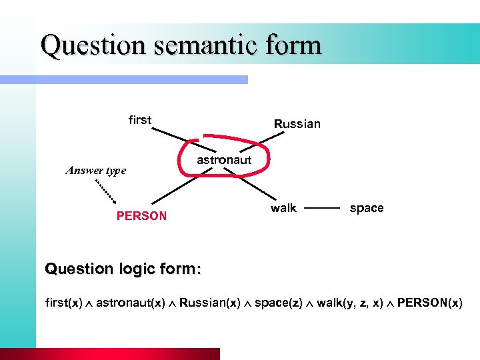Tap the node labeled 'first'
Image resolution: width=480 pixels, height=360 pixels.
click(x=140, y=120)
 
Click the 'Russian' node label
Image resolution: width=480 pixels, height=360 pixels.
click(x=297, y=124)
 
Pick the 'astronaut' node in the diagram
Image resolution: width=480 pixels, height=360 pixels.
click(x=224, y=160)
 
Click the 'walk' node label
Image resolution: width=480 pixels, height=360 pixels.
click(x=283, y=208)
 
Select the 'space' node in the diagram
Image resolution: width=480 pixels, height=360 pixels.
click(x=367, y=208)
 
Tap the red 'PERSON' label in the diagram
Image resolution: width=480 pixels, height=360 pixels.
click(x=141, y=216)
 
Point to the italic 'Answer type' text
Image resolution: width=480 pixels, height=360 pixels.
click(x=96, y=170)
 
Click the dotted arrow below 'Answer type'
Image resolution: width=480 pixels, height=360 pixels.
click(x=105, y=191)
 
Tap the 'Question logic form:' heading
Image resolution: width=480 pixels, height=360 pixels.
click(x=122, y=269)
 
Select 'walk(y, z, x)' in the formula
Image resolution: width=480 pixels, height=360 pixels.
click(x=349, y=303)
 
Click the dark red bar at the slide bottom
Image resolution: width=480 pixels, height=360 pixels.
click(x=127, y=354)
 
